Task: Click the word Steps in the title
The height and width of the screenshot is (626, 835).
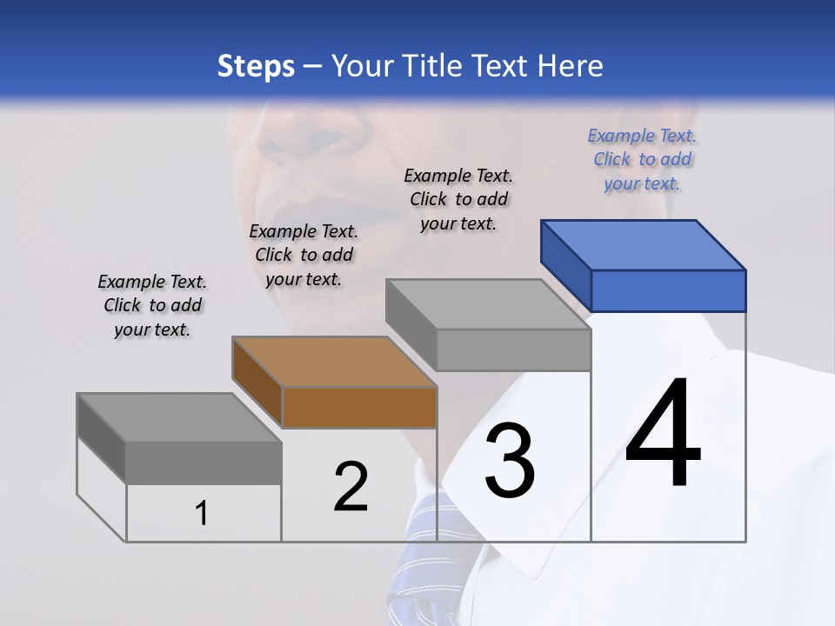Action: coord(256,66)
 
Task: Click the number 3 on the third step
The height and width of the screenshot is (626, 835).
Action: coord(510,462)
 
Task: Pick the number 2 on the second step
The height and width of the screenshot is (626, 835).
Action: coord(351,488)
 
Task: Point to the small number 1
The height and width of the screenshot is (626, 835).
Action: coord(202,514)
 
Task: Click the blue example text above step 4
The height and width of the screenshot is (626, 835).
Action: coord(642,160)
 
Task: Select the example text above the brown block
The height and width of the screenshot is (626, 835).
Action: coord(304,256)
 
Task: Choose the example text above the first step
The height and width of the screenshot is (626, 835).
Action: coord(152,306)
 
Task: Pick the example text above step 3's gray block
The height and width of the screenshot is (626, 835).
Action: coord(458,199)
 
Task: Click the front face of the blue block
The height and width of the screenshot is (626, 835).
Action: coord(668,290)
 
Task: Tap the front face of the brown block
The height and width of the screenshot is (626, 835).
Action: coord(359,407)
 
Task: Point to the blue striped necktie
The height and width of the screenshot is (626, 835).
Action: coord(426,556)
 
